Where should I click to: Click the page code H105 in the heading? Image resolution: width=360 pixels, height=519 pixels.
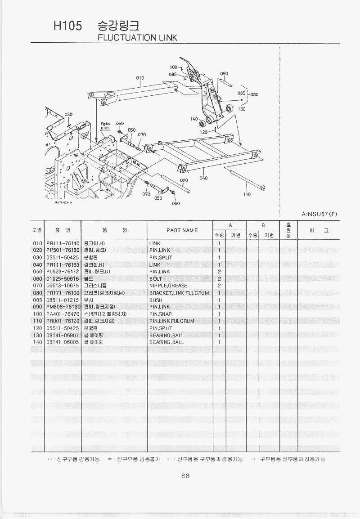[x=67, y=26]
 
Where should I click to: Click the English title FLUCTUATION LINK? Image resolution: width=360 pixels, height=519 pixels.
[x=137, y=38]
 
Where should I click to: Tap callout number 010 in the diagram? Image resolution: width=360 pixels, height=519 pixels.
[x=140, y=78]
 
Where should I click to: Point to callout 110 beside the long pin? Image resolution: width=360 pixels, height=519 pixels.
[x=247, y=194]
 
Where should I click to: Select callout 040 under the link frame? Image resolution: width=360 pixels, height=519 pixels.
[x=203, y=178]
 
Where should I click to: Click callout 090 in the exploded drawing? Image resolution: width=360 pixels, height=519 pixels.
[x=224, y=73]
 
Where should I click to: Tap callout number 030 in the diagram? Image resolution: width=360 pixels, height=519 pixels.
[x=68, y=115]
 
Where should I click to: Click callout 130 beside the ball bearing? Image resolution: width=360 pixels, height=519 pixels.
[x=242, y=109]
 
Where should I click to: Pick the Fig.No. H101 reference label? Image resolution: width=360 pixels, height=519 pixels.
[x=105, y=126]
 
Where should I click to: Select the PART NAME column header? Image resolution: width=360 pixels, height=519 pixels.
[x=182, y=230]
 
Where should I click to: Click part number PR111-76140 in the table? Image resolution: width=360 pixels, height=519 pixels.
[x=63, y=243]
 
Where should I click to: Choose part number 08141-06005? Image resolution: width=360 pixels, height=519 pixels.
[x=63, y=342]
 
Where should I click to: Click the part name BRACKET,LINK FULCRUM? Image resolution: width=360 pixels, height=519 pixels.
[x=179, y=293]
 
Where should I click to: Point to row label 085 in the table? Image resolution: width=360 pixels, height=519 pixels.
[x=37, y=300]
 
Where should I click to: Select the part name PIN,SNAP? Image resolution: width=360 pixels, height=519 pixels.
[x=161, y=314]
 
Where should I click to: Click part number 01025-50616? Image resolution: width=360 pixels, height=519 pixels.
[x=63, y=279]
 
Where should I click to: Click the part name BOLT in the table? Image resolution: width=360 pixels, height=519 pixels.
[x=156, y=279]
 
